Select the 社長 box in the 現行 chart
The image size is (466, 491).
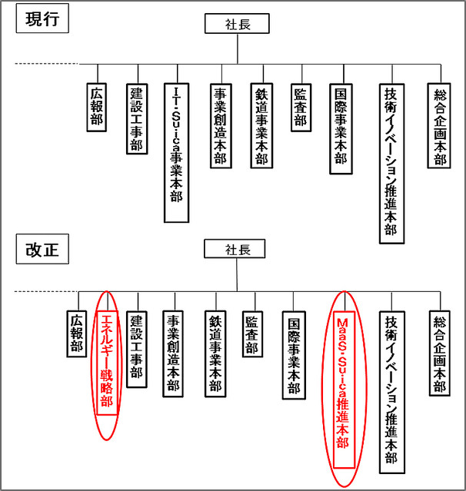(x=237, y=24)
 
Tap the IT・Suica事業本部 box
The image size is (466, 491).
(x=176, y=152)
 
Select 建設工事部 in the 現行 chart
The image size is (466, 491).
(x=136, y=119)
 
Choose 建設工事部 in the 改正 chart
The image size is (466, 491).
(x=137, y=350)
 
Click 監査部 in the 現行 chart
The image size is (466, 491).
(x=300, y=107)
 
